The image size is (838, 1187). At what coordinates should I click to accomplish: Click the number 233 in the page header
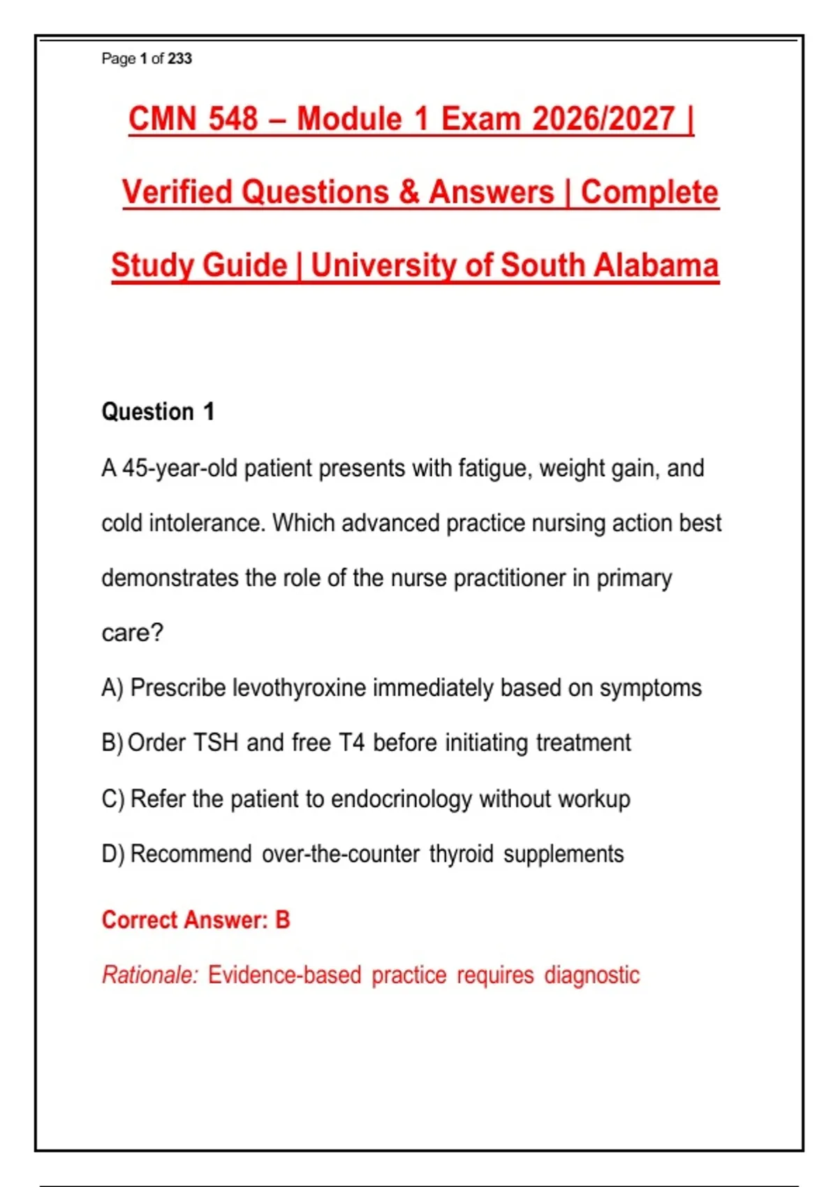coord(179,58)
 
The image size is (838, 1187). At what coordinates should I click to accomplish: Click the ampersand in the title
coord(409,191)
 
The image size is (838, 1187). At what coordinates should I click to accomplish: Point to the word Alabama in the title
coord(656,265)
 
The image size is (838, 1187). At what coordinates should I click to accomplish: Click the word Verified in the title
coord(177,191)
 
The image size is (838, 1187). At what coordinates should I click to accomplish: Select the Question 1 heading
coord(158,412)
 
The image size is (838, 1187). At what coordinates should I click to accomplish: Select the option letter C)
coord(113,799)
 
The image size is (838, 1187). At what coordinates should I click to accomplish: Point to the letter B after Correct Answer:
coord(283,920)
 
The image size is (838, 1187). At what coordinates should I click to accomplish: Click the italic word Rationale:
coord(150,975)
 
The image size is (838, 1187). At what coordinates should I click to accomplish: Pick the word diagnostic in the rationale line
coord(592,975)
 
